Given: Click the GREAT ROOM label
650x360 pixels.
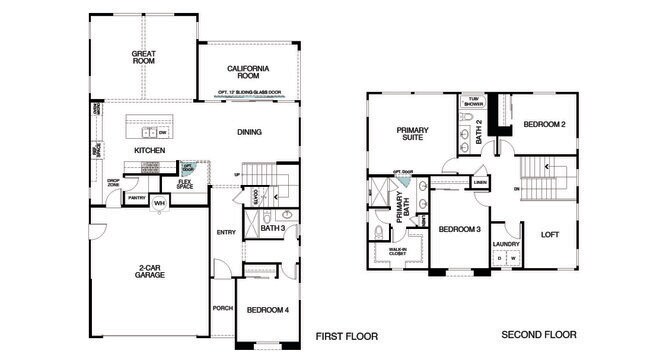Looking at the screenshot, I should (x=145, y=57).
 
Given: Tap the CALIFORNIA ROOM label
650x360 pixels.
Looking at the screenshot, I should (x=249, y=72).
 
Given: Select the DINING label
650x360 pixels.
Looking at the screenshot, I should (x=249, y=132).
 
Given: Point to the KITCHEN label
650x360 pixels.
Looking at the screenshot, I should (x=149, y=151).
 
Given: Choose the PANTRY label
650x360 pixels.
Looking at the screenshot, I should (x=137, y=198).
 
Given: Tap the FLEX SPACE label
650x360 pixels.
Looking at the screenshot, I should (x=185, y=185).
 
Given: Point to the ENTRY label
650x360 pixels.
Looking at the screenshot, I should (x=226, y=233).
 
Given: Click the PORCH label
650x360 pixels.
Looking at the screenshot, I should (x=223, y=308).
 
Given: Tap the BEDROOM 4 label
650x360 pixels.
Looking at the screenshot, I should (x=267, y=309).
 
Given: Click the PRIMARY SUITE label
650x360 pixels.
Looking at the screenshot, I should (x=411, y=134).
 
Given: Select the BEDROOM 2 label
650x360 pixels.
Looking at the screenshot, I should (x=546, y=124).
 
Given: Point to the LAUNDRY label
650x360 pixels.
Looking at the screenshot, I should (x=504, y=244).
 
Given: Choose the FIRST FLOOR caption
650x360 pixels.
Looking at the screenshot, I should (x=346, y=336).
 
